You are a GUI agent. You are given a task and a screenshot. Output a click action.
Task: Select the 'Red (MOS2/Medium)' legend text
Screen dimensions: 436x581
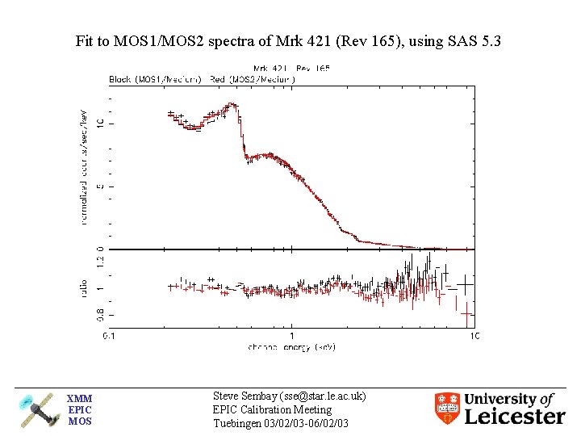(252, 79)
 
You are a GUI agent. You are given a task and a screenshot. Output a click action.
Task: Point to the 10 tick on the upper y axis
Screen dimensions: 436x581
(101, 123)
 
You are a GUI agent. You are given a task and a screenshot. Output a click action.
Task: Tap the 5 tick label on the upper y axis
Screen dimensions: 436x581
(101, 187)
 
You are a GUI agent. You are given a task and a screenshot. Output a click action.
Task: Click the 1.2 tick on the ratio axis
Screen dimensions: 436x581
(101, 260)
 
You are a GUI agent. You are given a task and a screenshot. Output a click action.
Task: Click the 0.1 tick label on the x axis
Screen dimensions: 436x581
(108, 335)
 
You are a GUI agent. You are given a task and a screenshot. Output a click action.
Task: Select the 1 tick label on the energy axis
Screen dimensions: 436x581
(291, 335)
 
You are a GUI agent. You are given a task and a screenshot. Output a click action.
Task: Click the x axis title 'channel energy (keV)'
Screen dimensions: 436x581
(291, 346)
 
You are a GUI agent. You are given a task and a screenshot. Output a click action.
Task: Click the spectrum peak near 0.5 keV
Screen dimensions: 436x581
(232, 104)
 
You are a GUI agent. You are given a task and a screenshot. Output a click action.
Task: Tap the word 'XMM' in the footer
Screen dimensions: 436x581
(79, 399)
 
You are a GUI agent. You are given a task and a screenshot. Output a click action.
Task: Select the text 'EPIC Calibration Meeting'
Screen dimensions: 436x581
(272, 410)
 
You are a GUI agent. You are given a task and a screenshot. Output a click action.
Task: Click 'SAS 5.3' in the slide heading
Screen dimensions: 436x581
(476, 40)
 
